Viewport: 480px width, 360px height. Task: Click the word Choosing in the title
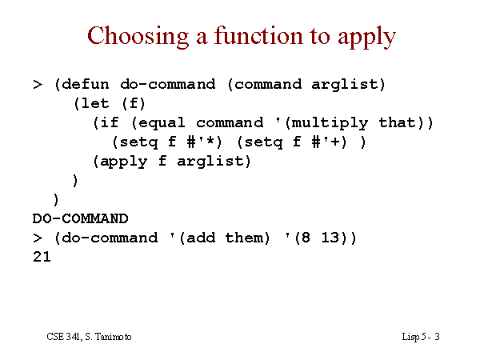[x=138, y=37]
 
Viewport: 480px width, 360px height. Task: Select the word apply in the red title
[x=366, y=38]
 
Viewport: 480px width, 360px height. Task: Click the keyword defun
[x=85, y=84]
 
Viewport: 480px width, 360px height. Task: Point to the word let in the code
[x=95, y=103]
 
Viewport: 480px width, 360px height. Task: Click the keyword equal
[x=162, y=123]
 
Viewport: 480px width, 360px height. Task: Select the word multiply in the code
[x=330, y=123]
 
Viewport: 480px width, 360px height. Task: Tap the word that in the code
[x=398, y=122]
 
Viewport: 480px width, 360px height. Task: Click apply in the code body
[x=123, y=162]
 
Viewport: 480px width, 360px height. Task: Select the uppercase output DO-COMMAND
[x=80, y=218]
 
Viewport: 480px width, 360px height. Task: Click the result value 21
[x=42, y=257]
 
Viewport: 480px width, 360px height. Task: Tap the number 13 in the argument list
[x=330, y=238]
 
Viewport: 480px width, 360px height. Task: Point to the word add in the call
[x=201, y=238]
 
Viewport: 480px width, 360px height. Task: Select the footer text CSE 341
[x=64, y=337]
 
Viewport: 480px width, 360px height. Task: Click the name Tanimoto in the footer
[x=113, y=337]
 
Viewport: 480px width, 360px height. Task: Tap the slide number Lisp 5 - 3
[x=421, y=337]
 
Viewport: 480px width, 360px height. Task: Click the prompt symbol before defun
[x=38, y=85]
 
